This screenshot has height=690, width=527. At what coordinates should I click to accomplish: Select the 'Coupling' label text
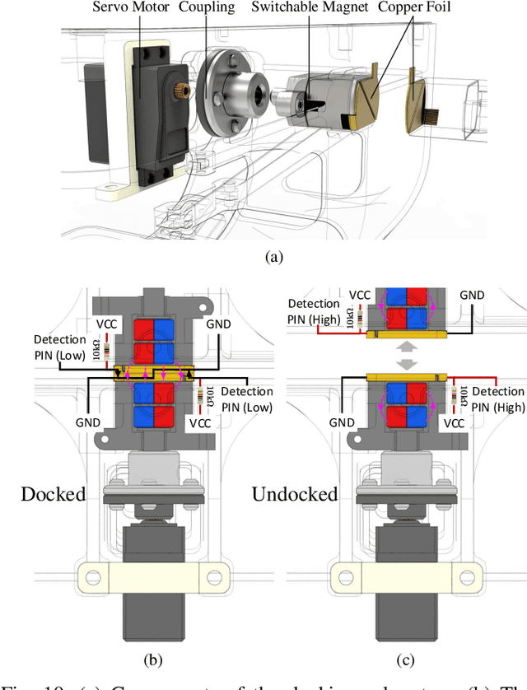tap(207, 7)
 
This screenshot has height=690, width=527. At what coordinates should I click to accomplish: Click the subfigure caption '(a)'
tap(273, 257)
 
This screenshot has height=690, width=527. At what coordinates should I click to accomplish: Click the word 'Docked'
tap(54, 493)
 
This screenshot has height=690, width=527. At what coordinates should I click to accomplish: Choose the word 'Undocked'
tap(294, 493)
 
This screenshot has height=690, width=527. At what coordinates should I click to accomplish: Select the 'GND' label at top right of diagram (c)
tap(472, 294)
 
